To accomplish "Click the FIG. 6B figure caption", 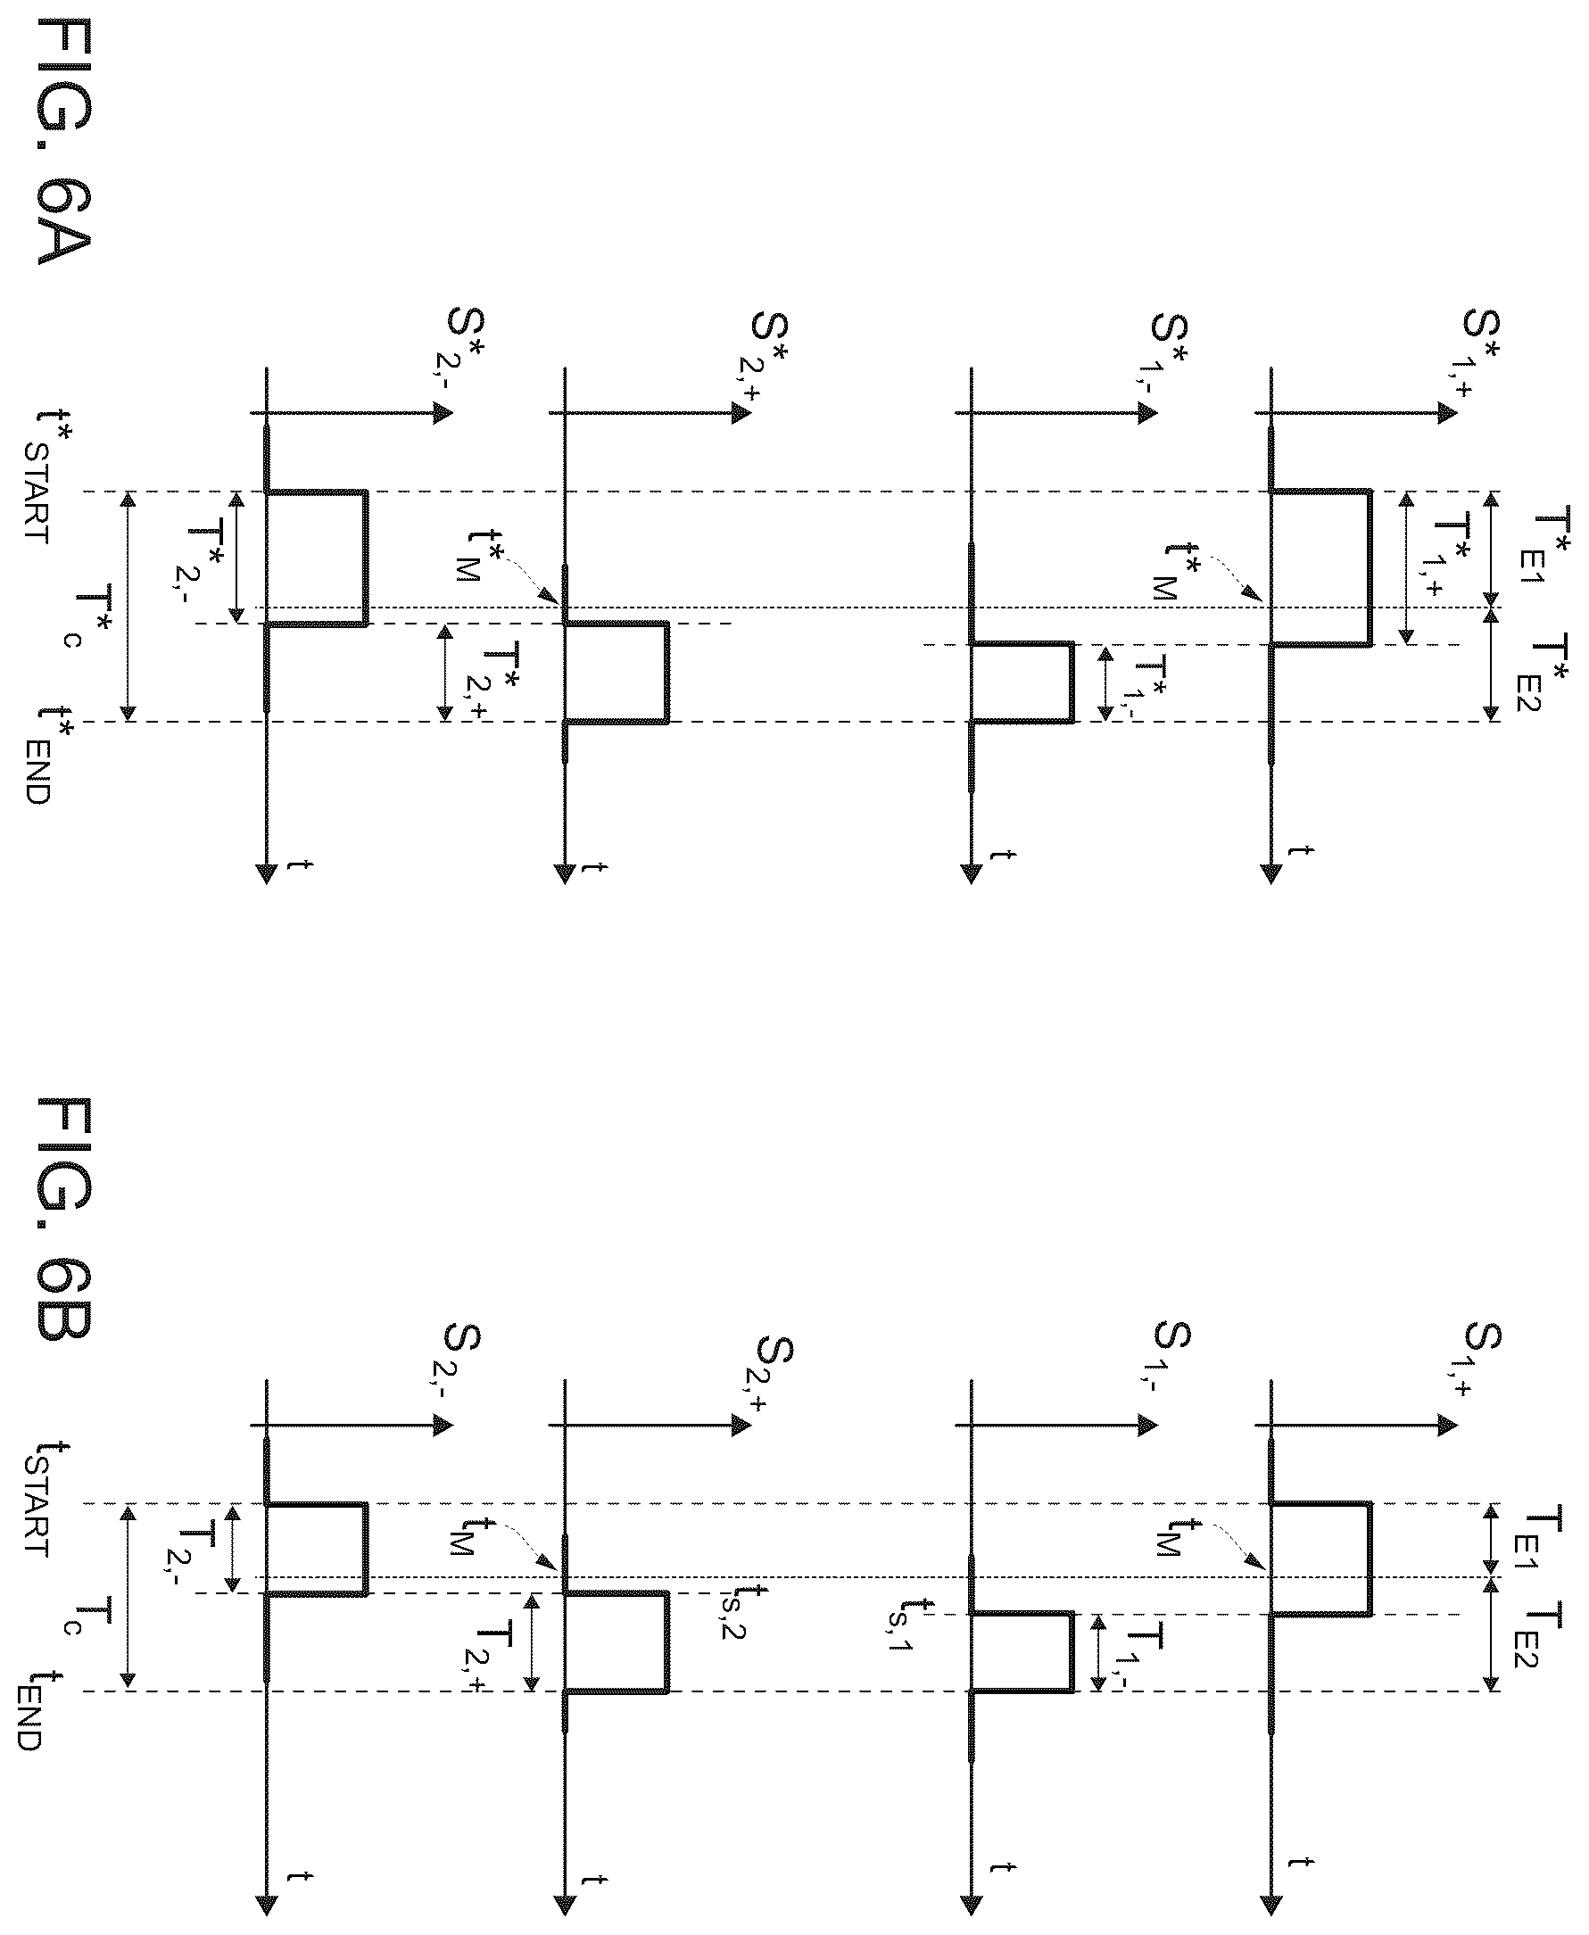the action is pyautogui.click(x=64, y=1219).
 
